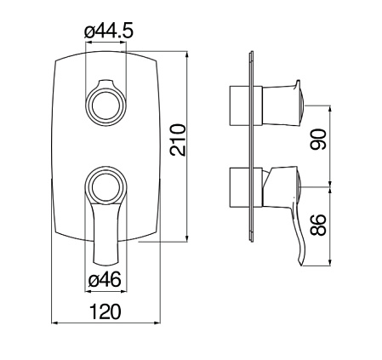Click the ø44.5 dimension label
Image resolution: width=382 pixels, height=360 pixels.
tap(109, 31)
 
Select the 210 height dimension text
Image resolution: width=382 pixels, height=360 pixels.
tap(178, 140)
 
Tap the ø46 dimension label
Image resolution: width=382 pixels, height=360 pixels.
tap(105, 280)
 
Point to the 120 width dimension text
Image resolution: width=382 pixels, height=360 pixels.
tap(105, 311)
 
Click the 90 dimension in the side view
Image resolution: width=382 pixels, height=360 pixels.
tap(318, 139)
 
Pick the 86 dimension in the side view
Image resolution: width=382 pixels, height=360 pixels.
tap(318, 225)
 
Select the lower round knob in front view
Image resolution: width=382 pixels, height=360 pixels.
tap(105, 186)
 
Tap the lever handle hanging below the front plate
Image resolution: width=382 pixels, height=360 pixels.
tap(105, 232)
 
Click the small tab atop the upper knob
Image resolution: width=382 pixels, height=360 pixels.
tap(105, 84)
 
